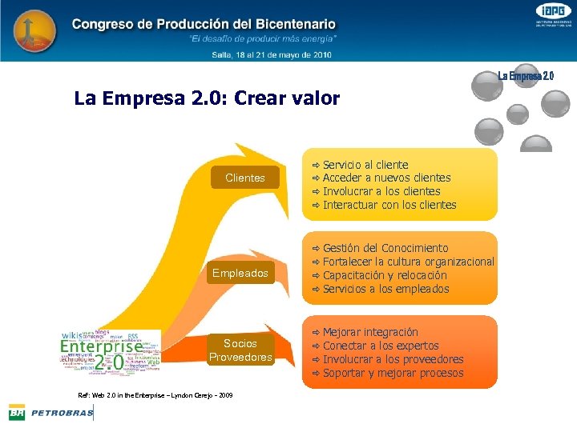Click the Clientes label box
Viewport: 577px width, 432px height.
(x=245, y=178)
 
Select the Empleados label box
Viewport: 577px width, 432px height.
(x=240, y=274)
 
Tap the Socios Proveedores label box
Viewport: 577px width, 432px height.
(x=240, y=350)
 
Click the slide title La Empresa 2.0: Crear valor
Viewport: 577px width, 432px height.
(x=207, y=99)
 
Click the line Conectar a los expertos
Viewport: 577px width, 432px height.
(x=381, y=346)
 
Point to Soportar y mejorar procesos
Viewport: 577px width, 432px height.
(x=393, y=373)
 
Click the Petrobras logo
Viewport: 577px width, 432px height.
(x=50, y=413)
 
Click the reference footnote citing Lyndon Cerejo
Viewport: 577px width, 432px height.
(x=155, y=395)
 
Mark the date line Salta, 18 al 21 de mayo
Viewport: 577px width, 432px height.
(x=271, y=54)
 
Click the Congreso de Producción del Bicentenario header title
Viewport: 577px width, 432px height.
(x=204, y=25)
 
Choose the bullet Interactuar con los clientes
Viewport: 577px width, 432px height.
(x=389, y=205)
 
